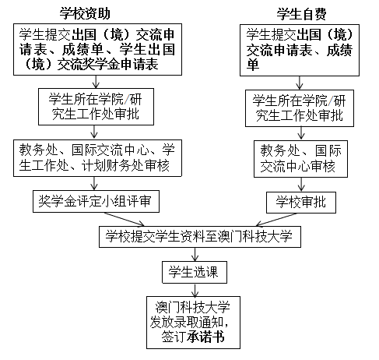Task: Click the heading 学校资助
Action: point(85,13)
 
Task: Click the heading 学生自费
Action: point(301,14)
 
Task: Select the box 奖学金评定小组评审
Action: point(96,201)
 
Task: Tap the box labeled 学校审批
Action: point(301,203)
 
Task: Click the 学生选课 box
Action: point(195,272)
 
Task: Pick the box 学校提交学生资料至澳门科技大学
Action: point(200,237)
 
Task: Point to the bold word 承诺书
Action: point(205,337)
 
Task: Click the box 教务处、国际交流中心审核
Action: point(300,159)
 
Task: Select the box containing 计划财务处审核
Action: point(97,158)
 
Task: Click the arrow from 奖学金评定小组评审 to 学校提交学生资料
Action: point(125,219)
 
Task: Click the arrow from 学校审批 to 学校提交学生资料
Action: point(276,220)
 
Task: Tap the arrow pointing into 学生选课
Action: point(195,254)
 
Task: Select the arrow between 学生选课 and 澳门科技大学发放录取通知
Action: point(195,290)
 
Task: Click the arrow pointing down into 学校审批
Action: point(301,185)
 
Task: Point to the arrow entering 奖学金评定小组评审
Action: point(94,183)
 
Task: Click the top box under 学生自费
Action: point(300,50)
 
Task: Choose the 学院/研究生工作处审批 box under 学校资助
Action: point(96,107)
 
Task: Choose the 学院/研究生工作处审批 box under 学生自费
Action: point(300,108)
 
